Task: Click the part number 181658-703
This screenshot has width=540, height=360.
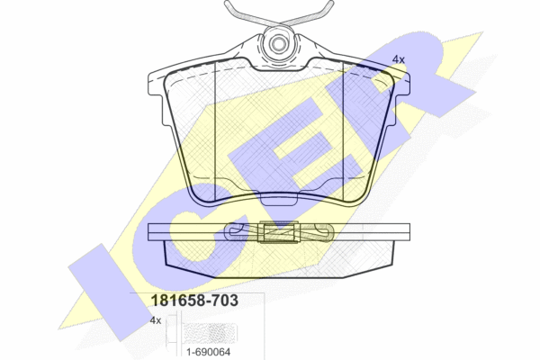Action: (194, 301)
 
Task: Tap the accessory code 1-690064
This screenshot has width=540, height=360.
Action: (209, 352)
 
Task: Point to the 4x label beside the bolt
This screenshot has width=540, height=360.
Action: (156, 320)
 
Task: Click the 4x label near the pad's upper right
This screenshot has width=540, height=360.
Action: (399, 59)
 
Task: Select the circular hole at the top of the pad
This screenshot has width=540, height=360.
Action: (277, 44)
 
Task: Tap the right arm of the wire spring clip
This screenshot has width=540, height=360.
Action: (307, 14)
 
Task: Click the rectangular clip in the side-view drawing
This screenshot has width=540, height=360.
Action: (279, 232)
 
